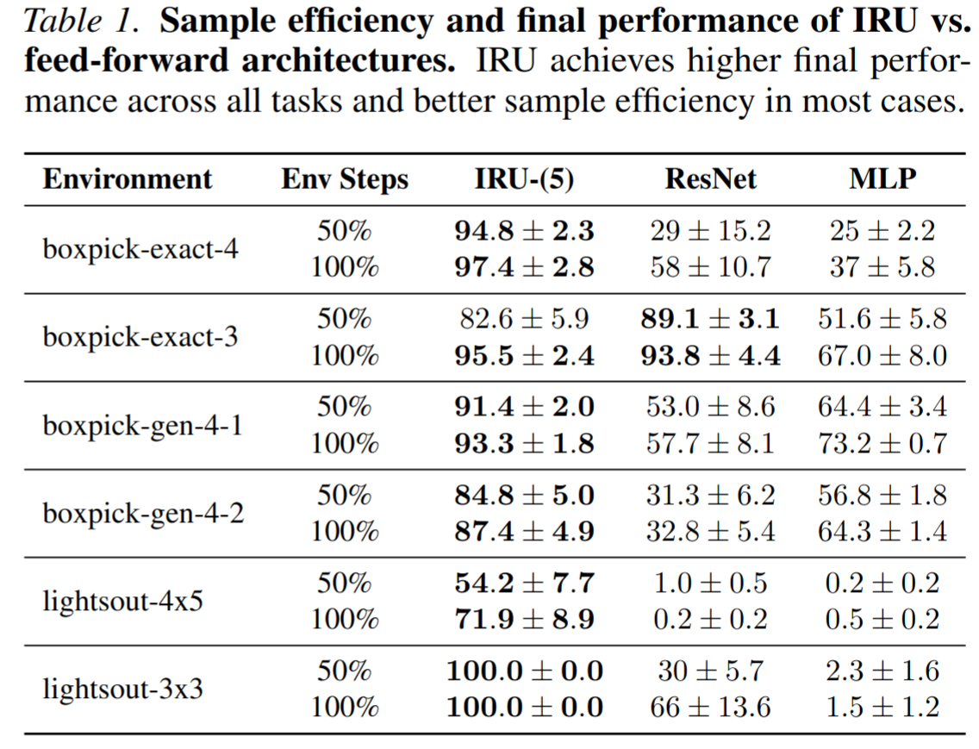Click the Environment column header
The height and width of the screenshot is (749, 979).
[127, 179]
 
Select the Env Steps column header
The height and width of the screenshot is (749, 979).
[345, 179]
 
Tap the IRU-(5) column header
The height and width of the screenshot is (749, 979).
[524, 179]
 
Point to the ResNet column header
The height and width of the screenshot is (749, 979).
[710, 179]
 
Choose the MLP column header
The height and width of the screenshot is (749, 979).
[882, 179]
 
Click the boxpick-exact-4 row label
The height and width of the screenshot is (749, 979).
[140, 250]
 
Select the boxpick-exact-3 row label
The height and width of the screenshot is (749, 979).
[140, 338]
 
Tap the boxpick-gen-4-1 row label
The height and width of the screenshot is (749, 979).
[143, 426]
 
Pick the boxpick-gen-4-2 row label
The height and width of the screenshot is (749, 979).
[143, 514]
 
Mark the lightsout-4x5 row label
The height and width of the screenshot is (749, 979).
[122, 601]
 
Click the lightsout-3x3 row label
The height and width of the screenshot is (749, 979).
[122, 689]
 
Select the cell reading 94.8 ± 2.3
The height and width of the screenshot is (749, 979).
[524, 231]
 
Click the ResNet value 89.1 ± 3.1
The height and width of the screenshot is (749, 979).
[710, 319]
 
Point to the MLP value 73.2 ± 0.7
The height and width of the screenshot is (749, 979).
[882, 443]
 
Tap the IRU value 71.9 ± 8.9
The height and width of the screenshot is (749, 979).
[524, 619]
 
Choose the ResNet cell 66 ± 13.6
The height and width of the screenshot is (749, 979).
[710, 707]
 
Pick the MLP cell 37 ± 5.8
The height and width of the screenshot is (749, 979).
[882, 268]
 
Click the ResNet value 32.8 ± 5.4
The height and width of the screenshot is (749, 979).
[710, 531]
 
